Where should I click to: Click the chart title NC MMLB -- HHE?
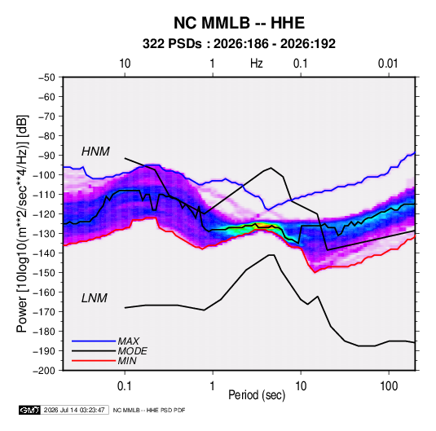click(x=239, y=23)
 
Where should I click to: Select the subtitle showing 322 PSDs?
click(x=239, y=44)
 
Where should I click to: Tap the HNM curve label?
click(x=95, y=152)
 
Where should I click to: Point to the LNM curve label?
click(x=95, y=298)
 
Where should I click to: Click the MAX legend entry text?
click(x=128, y=341)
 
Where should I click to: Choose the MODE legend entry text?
click(x=132, y=351)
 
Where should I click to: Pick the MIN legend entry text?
click(x=127, y=361)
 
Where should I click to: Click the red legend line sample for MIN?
click(x=94, y=361)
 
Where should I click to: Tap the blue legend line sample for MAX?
click(x=94, y=341)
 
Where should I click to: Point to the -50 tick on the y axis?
click(x=46, y=77)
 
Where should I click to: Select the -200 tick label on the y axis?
click(x=44, y=371)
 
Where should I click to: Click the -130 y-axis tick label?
click(x=44, y=234)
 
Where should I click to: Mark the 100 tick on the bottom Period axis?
click(x=389, y=386)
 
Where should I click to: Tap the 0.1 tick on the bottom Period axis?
click(x=125, y=386)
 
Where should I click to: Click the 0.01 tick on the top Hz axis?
click(x=388, y=64)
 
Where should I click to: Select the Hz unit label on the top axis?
click(x=257, y=64)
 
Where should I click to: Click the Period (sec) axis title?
click(x=257, y=395)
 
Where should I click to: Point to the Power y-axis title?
click(x=22, y=223)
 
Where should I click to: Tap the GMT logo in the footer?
click(x=29, y=410)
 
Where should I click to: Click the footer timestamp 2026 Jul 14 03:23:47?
click(x=74, y=410)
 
